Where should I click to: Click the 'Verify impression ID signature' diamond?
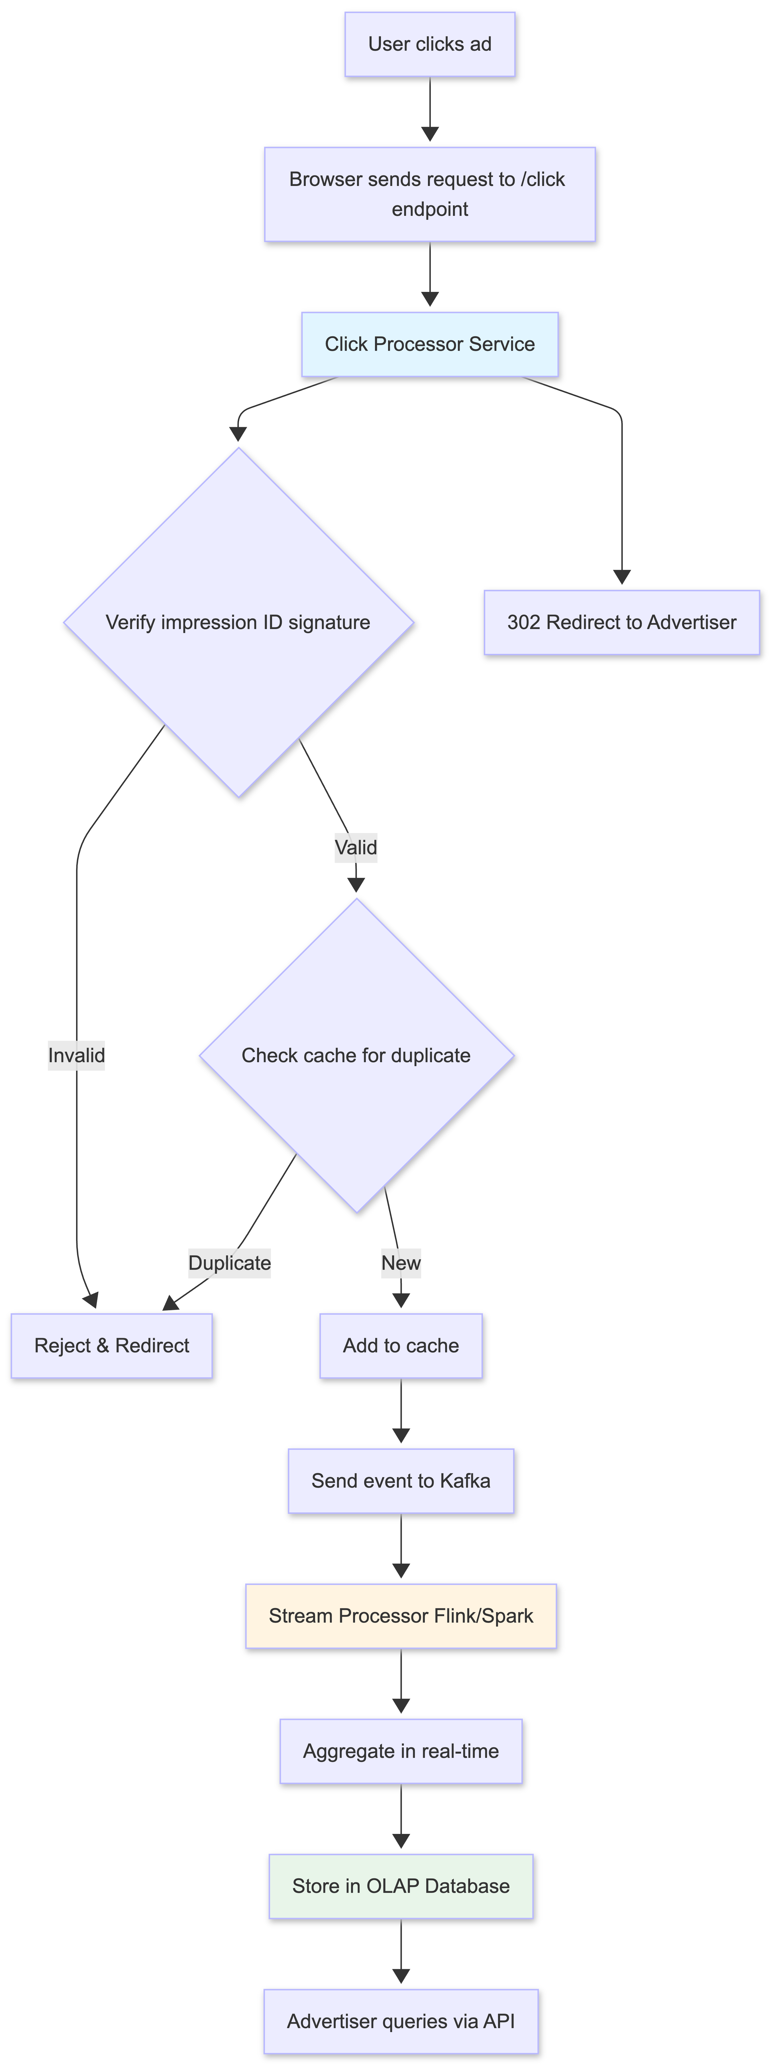coord(238,623)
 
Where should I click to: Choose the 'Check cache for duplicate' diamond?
coord(356,1055)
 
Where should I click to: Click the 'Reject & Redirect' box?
coord(111,1346)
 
